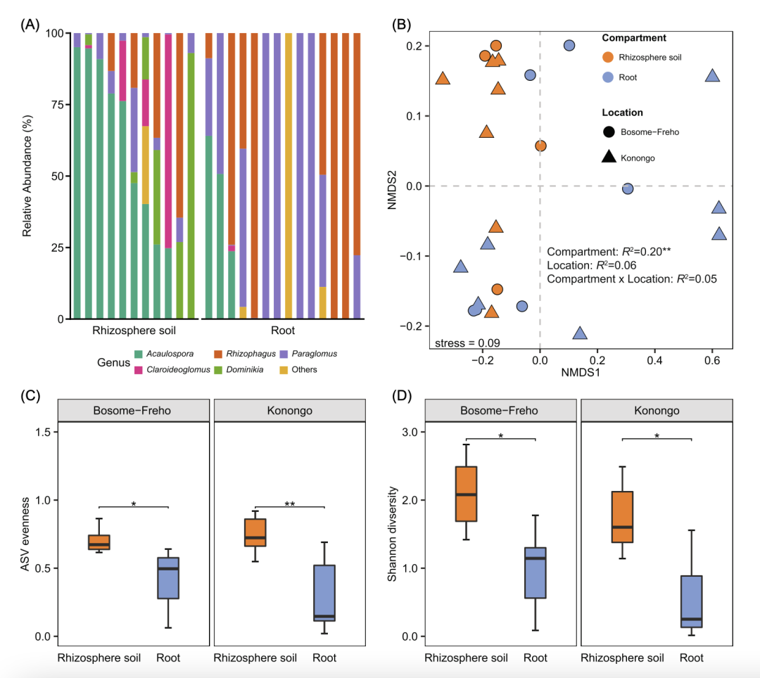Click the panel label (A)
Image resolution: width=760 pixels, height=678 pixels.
[30, 25]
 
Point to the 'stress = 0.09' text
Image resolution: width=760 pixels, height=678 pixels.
[457, 343]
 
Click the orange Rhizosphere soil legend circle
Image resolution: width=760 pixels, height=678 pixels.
[609, 58]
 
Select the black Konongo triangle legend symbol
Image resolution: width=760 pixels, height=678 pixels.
[609, 158]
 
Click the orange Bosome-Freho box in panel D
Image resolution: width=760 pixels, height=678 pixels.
[466, 494]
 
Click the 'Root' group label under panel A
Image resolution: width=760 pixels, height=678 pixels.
[283, 331]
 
